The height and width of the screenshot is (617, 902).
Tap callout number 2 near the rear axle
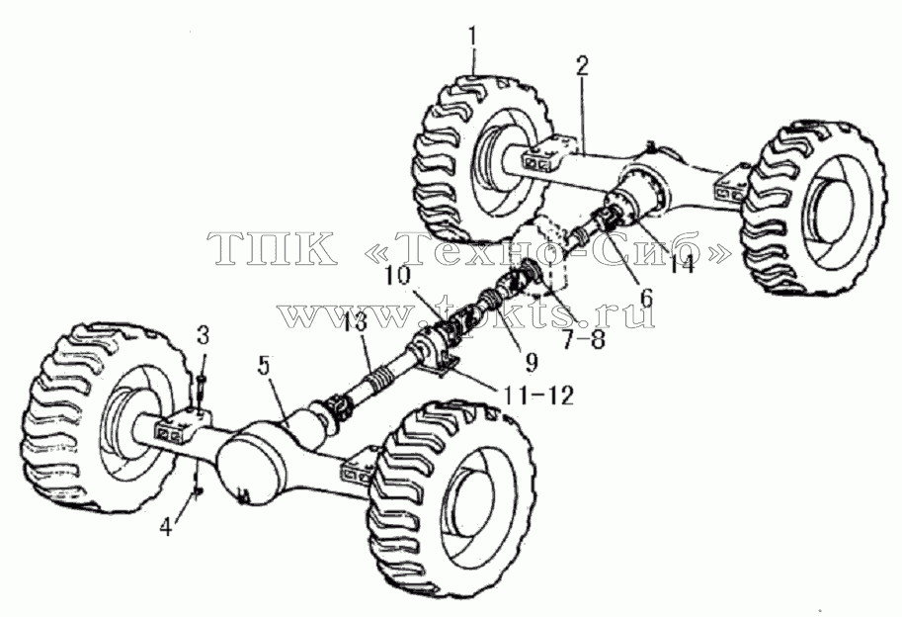coord(582,67)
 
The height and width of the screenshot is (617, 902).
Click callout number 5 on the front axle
coord(264,367)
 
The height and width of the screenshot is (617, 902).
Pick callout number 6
coord(646,299)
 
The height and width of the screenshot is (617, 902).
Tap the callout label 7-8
coord(583,339)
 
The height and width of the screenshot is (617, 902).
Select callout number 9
coord(531,362)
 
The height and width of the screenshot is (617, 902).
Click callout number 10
coord(398,275)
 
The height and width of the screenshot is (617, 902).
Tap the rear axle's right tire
coord(812,205)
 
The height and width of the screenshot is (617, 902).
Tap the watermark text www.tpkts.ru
coord(466,313)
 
